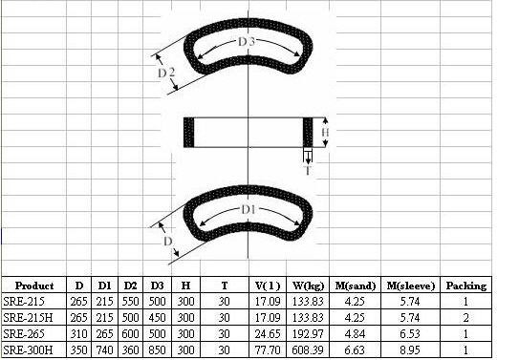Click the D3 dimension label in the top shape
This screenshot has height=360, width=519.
(x=247, y=42)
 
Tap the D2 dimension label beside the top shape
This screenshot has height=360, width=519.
(x=166, y=73)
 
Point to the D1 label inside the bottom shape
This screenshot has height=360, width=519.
(x=249, y=210)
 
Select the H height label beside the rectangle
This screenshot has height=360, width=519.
(x=325, y=132)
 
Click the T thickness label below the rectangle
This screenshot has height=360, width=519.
(x=308, y=171)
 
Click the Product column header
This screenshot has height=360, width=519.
(x=34, y=286)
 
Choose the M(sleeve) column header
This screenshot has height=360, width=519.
(x=410, y=286)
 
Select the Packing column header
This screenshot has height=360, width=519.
(x=466, y=286)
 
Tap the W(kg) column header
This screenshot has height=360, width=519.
(x=308, y=286)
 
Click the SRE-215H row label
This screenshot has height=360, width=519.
(x=28, y=318)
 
